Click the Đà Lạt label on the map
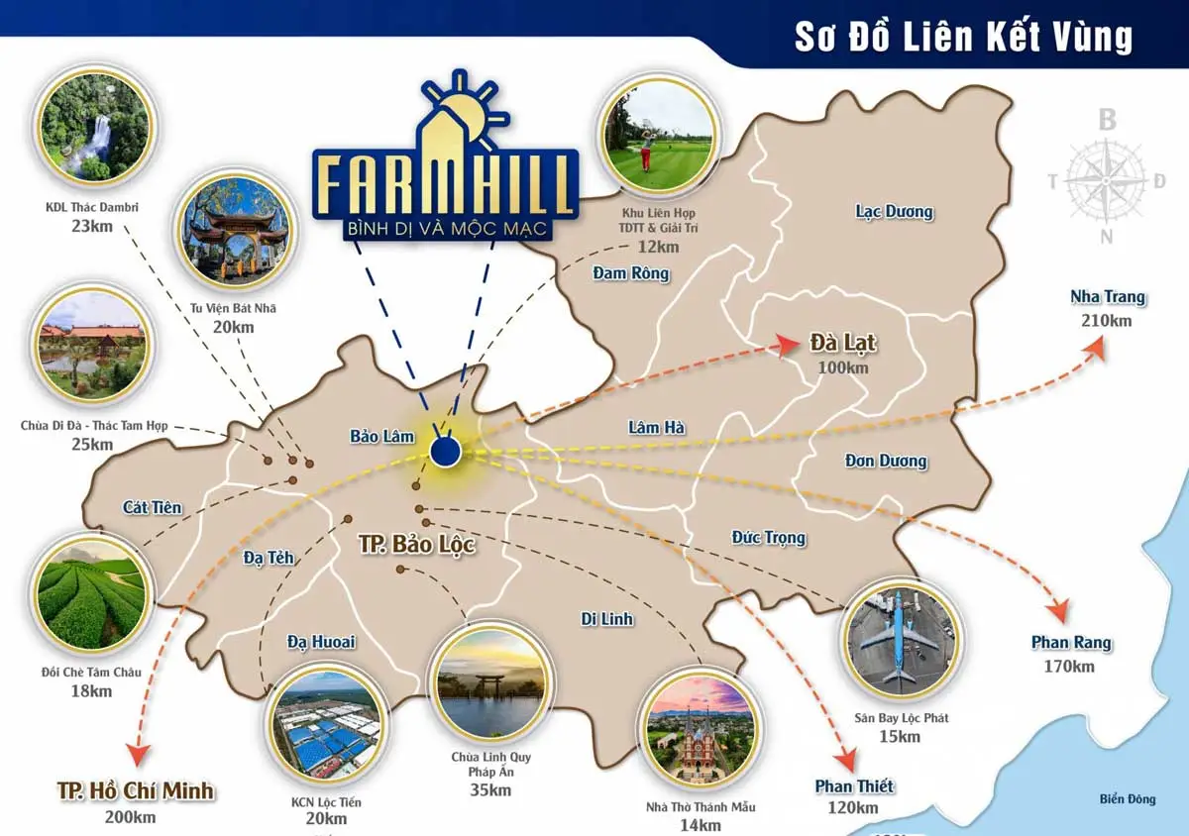pyautogui.click(x=843, y=343)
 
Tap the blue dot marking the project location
pyautogui.click(x=446, y=453)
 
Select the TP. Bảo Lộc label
pyautogui.click(x=416, y=545)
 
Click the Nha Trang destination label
pyautogui.click(x=1108, y=297)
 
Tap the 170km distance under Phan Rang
pyautogui.click(x=1069, y=667)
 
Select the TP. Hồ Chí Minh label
pyautogui.click(x=136, y=790)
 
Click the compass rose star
pyautogui.click(x=1108, y=180)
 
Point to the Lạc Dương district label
pyautogui.click(x=894, y=211)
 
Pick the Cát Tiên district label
pyautogui.click(x=153, y=507)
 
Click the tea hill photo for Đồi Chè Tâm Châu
pyautogui.click(x=91, y=596)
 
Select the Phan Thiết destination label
pyautogui.click(x=854, y=786)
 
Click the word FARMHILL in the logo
pyautogui.click(x=445, y=185)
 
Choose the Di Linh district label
pyautogui.click(x=607, y=619)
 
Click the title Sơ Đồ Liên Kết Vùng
pyautogui.click(x=963, y=37)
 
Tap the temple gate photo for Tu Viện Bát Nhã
pyautogui.click(x=230, y=235)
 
